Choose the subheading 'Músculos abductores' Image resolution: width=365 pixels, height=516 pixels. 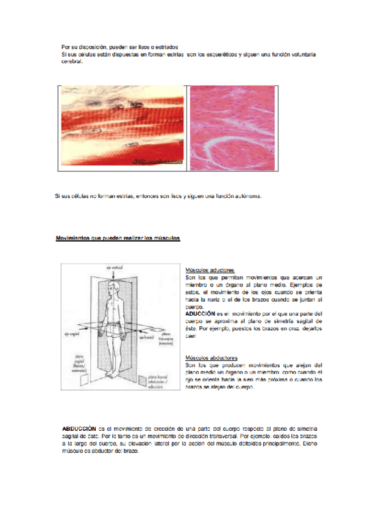pos(211,357)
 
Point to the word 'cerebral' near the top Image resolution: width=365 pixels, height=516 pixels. pos(71,61)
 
